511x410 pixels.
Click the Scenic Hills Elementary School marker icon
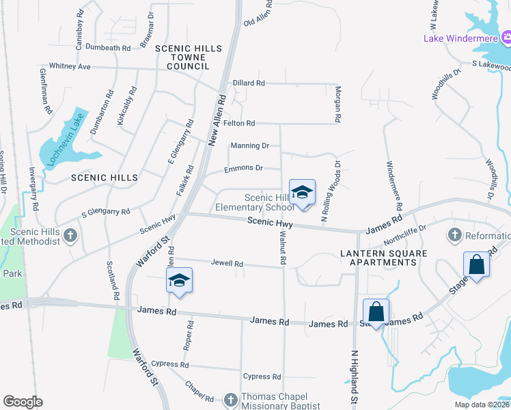(302, 192)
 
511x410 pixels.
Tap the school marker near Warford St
(179, 280)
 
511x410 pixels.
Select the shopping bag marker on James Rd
(376, 312)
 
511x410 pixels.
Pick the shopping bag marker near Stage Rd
(476, 265)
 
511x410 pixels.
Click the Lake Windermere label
(460, 38)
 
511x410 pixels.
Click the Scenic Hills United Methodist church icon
(70, 236)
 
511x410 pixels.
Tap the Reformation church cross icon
(454, 236)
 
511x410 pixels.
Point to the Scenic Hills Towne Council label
(189, 57)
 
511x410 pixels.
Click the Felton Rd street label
(239, 123)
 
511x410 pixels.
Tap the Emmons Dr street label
(243, 168)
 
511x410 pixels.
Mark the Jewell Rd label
(227, 263)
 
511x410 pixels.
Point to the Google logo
(23, 401)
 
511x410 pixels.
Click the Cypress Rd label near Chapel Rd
(262, 377)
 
